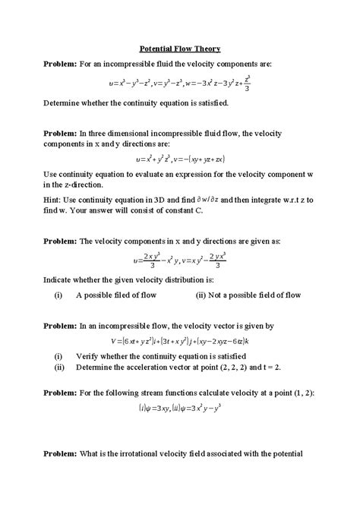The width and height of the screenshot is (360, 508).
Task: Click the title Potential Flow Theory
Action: click(180, 46)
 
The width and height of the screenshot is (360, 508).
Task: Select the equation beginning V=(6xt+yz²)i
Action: click(179, 340)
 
